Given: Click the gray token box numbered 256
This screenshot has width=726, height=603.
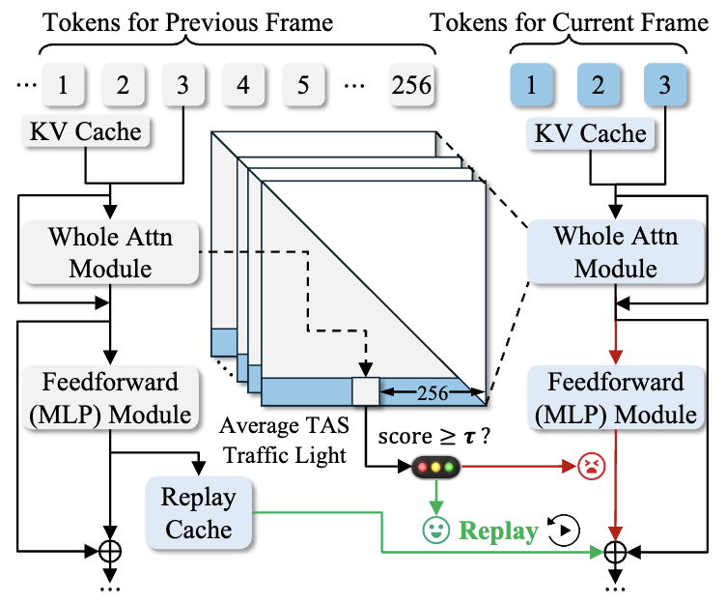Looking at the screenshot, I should tap(412, 84).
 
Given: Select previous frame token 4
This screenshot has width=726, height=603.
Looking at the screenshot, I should tap(243, 84).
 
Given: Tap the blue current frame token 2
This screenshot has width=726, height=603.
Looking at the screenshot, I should tap(598, 84).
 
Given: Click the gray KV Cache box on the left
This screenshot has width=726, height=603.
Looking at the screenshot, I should tap(85, 131).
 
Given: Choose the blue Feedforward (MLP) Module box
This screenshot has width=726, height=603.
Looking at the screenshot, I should tap(616, 397).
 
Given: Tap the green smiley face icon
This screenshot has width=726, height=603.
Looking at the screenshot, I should tap(436, 530).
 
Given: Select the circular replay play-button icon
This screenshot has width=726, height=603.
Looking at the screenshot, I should tap(564, 530).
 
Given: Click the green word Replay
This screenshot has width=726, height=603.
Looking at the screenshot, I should tap(498, 531).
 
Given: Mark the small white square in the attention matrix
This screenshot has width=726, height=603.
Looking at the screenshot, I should tap(366, 391).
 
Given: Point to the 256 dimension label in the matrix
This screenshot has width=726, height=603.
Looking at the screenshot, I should tap(431, 392).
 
